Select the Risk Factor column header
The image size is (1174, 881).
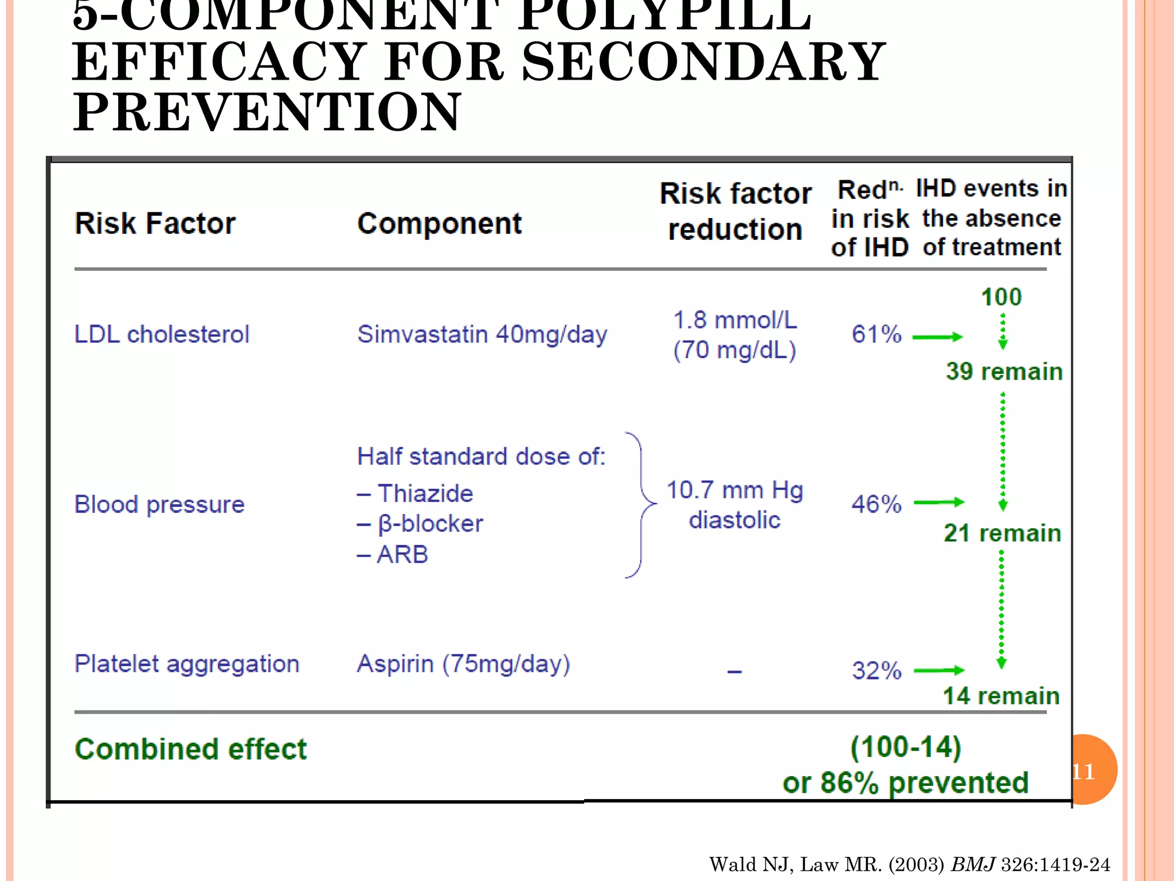[155, 223]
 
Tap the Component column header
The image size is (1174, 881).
[439, 223]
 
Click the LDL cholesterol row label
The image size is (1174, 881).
[162, 334]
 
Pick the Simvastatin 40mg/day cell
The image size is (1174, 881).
[482, 334]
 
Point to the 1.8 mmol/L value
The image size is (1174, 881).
[735, 320]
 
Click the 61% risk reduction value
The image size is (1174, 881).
[876, 334]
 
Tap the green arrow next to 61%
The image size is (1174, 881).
[937, 337]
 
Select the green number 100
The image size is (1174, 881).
[1001, 297]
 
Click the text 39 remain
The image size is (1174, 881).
[1004, 371]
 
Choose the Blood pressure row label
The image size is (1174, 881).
[159, 504]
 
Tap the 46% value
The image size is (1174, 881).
[876, 504]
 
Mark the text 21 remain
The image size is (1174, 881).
[1002, 533]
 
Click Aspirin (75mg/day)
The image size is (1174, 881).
[463, 664]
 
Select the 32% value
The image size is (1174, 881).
[876, 671]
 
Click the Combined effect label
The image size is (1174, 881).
[191, 749]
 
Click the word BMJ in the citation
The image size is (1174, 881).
[973, 864]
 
